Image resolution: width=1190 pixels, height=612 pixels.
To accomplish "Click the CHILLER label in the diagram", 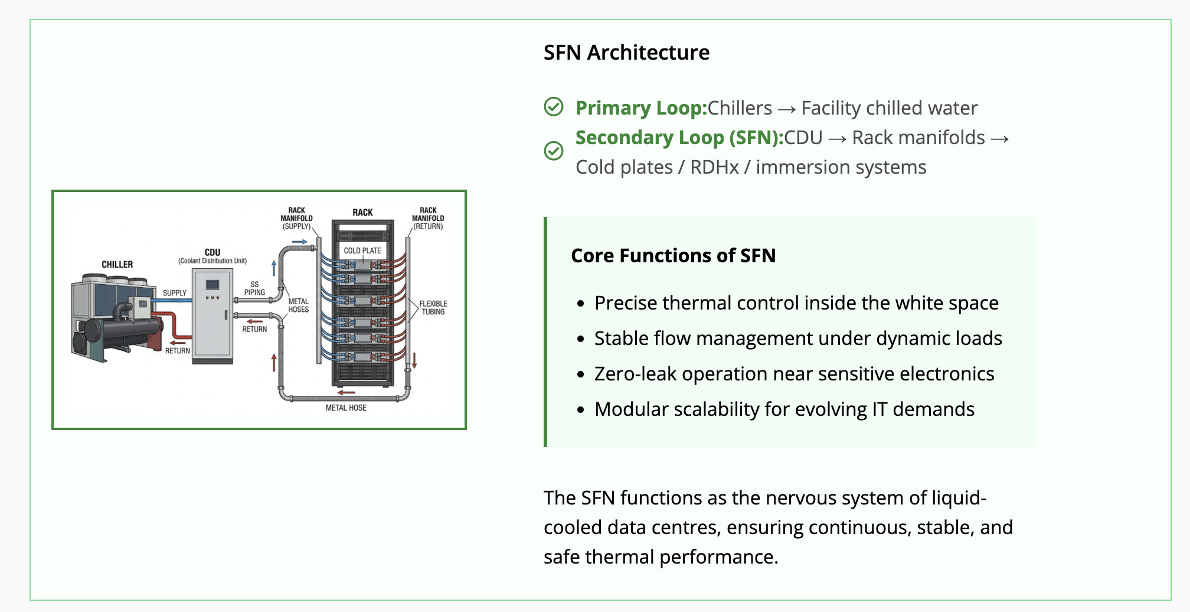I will pos(117,265).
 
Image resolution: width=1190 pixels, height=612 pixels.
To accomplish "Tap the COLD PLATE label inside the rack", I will pos(362,250).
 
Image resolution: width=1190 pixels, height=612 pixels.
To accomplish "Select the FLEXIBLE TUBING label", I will pos(433,308).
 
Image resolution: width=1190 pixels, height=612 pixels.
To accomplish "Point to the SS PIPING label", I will pos(254,288).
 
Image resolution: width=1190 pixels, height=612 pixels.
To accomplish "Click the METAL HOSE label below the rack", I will pos(346,408).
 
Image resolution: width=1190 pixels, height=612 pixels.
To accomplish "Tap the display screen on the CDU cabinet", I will pos(212,285).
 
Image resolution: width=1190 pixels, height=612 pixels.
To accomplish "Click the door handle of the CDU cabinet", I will pos(226,314).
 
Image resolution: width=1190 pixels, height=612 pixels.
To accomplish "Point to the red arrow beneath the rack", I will pos(346,392).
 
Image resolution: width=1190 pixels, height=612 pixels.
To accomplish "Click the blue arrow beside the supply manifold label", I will pos(299,242).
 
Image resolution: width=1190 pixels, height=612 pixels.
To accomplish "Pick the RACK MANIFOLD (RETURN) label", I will pos(428,218).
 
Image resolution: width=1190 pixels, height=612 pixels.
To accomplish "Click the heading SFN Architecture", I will pos(626,53).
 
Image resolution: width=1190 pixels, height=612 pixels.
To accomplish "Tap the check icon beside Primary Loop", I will pos(554,107).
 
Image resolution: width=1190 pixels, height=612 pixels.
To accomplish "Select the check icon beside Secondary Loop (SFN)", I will pos(554,151).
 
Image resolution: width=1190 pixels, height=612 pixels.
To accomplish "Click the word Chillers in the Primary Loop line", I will pos(740,108).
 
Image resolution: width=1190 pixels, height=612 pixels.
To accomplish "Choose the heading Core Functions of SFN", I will pos(673,255).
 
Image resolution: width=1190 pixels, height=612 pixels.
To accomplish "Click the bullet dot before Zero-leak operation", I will pos(581,375).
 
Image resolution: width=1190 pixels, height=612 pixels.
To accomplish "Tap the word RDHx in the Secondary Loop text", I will pos(714,167).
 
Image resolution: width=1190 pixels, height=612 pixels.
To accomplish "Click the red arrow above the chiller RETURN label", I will pos(178,342).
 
